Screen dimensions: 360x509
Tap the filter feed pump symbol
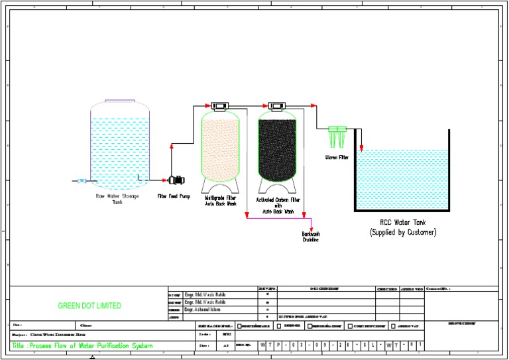point(176,179)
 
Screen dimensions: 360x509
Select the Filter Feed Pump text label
point(174,197)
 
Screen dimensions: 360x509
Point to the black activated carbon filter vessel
point(277,147)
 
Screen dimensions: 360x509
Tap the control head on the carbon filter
point(277,105)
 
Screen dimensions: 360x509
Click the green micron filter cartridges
point(337,137)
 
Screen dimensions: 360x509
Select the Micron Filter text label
point(337,158)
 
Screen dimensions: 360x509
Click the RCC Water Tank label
point(402,223)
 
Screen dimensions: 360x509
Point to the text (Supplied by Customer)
point(402,233)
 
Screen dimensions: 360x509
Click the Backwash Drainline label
point(311,237)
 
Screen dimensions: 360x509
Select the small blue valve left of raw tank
point(82,180)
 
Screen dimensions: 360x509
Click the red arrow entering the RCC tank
point(361,147)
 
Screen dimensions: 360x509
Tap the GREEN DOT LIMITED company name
point(89,306)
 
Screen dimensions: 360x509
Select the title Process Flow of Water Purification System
point(82,345)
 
